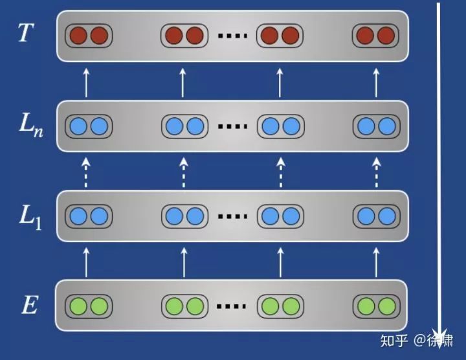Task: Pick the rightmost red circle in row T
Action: pyautogui.click(x=385, y=35)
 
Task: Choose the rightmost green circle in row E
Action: pyautogui.click(x=385, y=305)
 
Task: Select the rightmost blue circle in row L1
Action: pyautogui.click(x=385, y=216)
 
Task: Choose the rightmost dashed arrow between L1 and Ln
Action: pyautogui.click(x=377, y=171)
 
